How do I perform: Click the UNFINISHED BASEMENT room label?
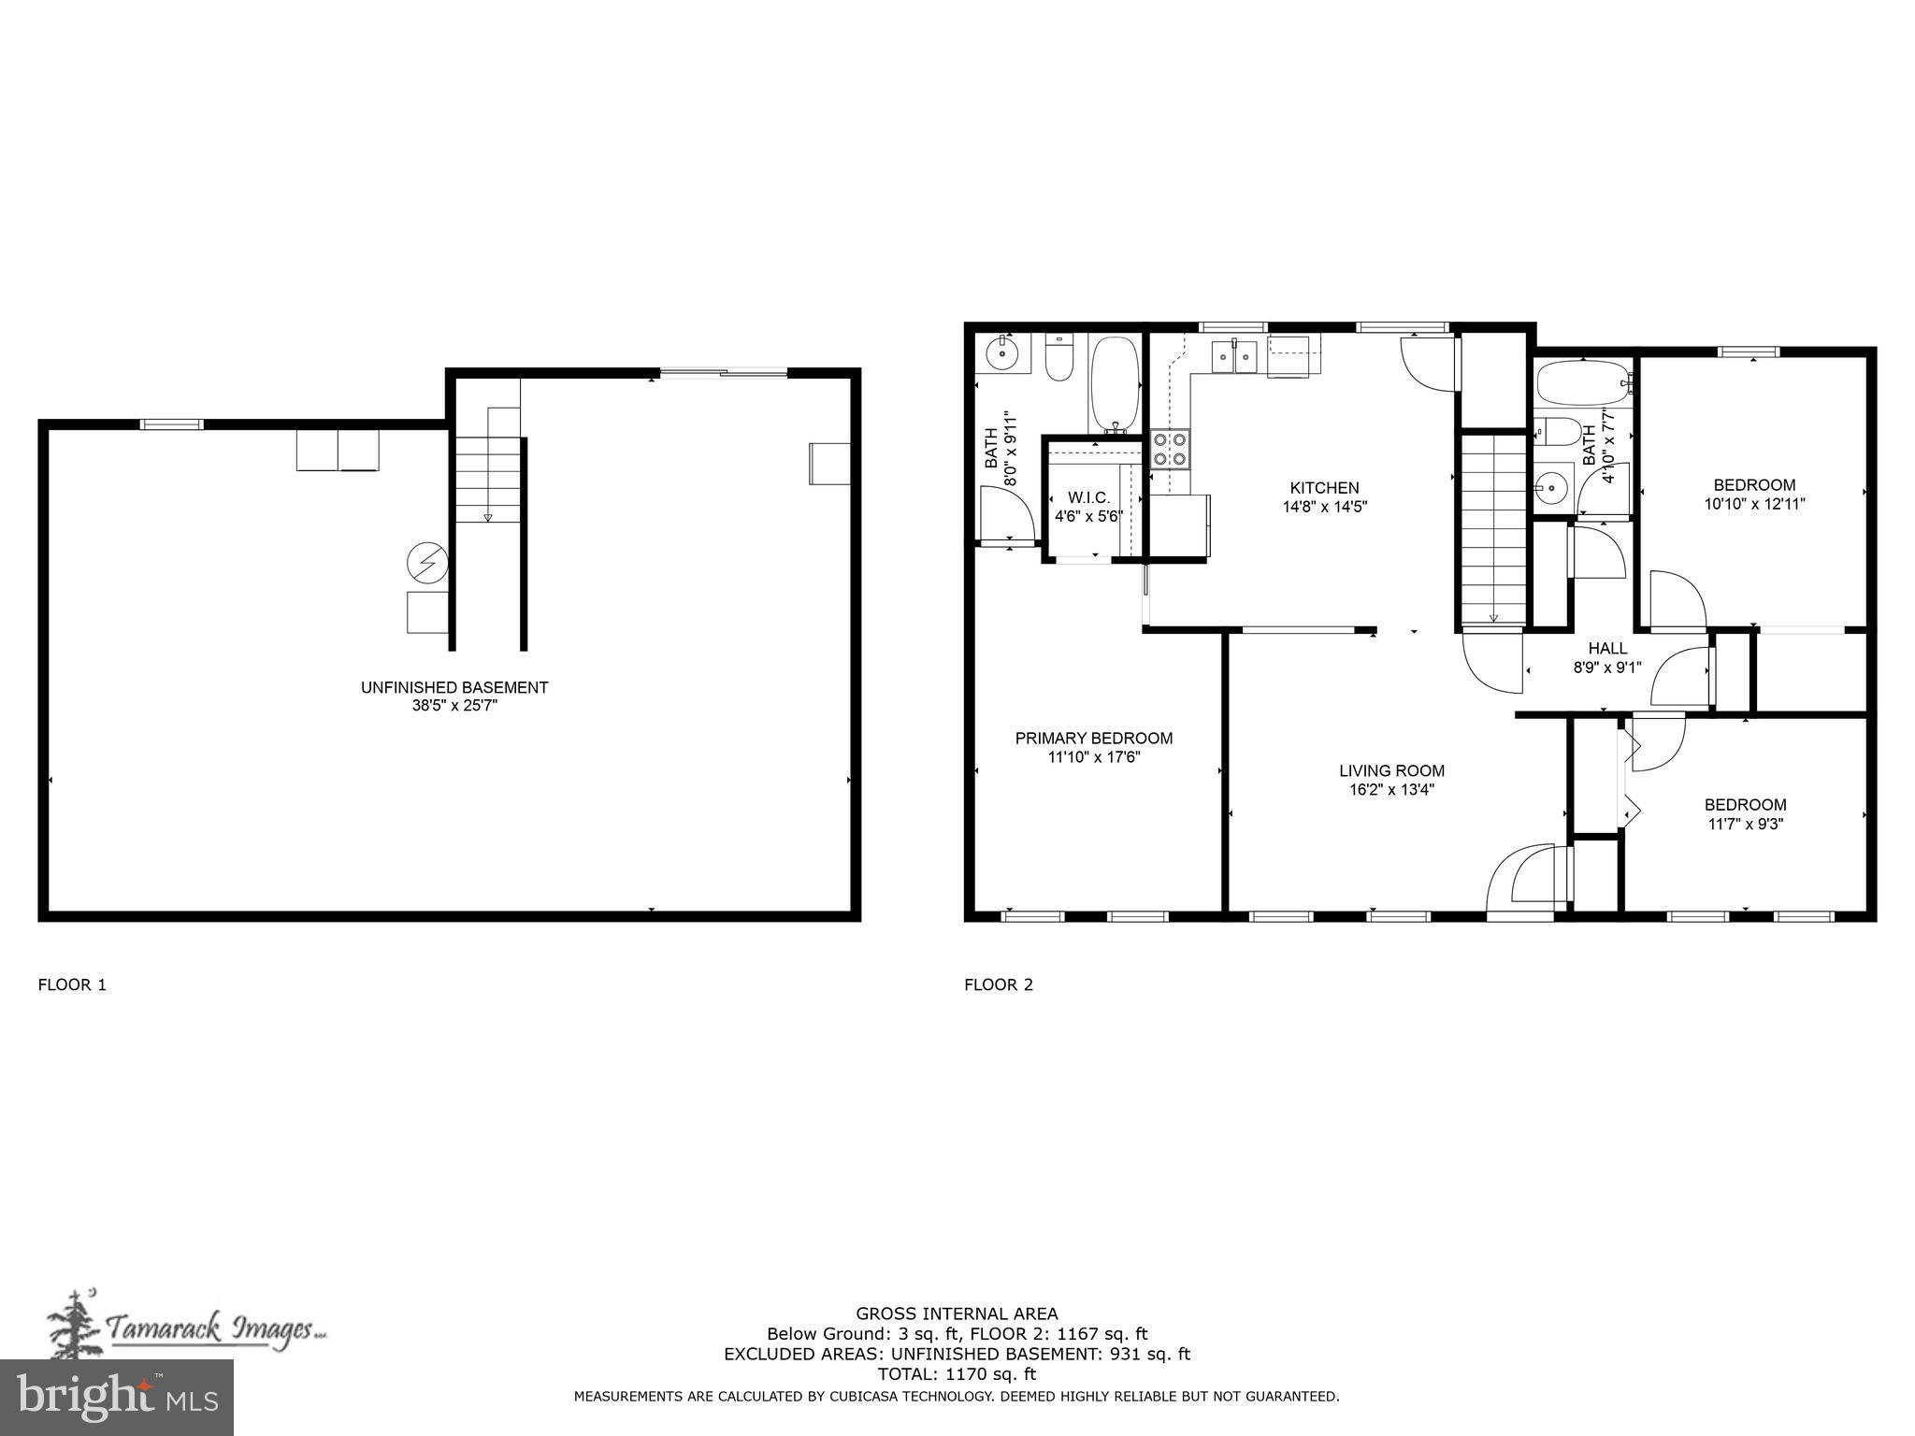(x=454, y=687)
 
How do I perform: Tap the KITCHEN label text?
(x=1324, y=488)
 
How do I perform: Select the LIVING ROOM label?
(x=1391, y=771)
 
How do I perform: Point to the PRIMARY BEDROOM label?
(x=1094, y=739)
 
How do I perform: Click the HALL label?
(x=1607, y=648)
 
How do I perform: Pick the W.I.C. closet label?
(x=1089, y=498)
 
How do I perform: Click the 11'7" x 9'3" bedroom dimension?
(x=1745, y=825)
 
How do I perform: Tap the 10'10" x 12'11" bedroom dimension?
(x=1754, y=504)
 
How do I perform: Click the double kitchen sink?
(x=1233, y=356)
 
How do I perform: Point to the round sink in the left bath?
(x=1001, y=353)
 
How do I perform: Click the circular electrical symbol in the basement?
(x=427, y=563)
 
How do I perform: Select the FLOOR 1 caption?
(x=72, y=984)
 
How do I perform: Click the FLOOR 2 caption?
(x=999, y=984)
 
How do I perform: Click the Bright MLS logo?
(x=117, y=1397)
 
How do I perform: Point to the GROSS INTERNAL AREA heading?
(x=957, y=1314)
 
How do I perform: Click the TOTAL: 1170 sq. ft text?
(x=957, y=1374)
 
